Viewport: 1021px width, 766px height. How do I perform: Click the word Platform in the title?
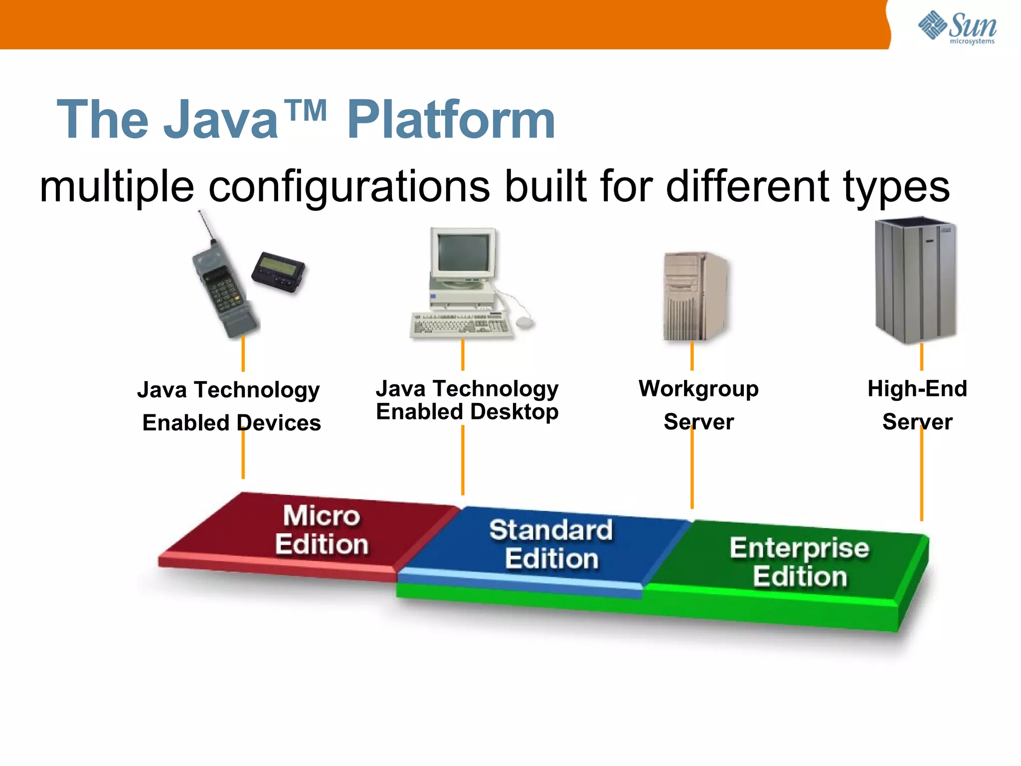click(x=451, y=120)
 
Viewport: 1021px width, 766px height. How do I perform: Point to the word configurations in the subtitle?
click(x=349, y=187)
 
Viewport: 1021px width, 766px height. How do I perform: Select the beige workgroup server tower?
click(x=695, y=297)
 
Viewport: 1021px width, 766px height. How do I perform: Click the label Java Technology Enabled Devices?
click(x=230, y=406)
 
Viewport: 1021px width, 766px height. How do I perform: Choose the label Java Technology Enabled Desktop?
click(x=467, y=400)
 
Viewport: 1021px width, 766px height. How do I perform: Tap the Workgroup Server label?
click(x=698, y=405)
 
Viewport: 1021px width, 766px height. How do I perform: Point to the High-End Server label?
click(x=917, y=405)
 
